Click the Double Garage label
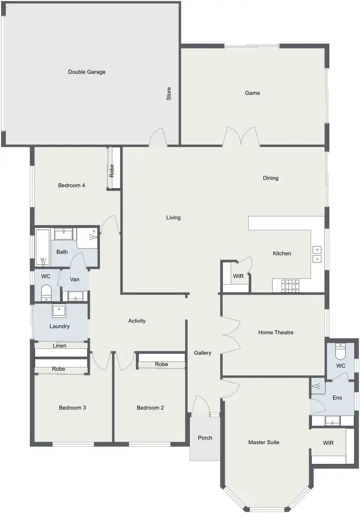pyautogui.click(x=86, y=72)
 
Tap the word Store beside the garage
pyautogui.click(x=168, y=94)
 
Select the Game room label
pyautogui.click(x=252, y=93)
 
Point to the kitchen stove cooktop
pyautogui.click(x=290, y=286)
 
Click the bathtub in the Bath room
pyautogui.click(x=42, y=247)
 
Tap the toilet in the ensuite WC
pyautogui.click(x=340, y=352)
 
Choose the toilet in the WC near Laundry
pyautogui.click(x=46, y=292)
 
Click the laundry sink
pyautogui.click(x=59, y=310)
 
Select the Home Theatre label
pyautogui.click(x=276, y=332)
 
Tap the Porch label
pyautogui.click(x=205, y=438)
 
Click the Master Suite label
pyautogui.click(x=264, y=442)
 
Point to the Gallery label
pyautogui.click(x=203, y=353)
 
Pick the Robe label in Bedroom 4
pyautogui.click(x=112, y=171)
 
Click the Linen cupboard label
pyautogui.click(x=60, y=346)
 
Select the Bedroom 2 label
pyautogui.click(x=150, y=408)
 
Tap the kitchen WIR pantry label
pyautogui.click(x=238, y=276)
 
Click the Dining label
pyautogui.click(x=271, y=178)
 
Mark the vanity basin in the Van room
pyautogui.click(x=75, y=295)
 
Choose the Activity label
pyautogui.click(x=137, y=321)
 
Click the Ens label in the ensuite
pyautogui.click(x=337, y=397)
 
